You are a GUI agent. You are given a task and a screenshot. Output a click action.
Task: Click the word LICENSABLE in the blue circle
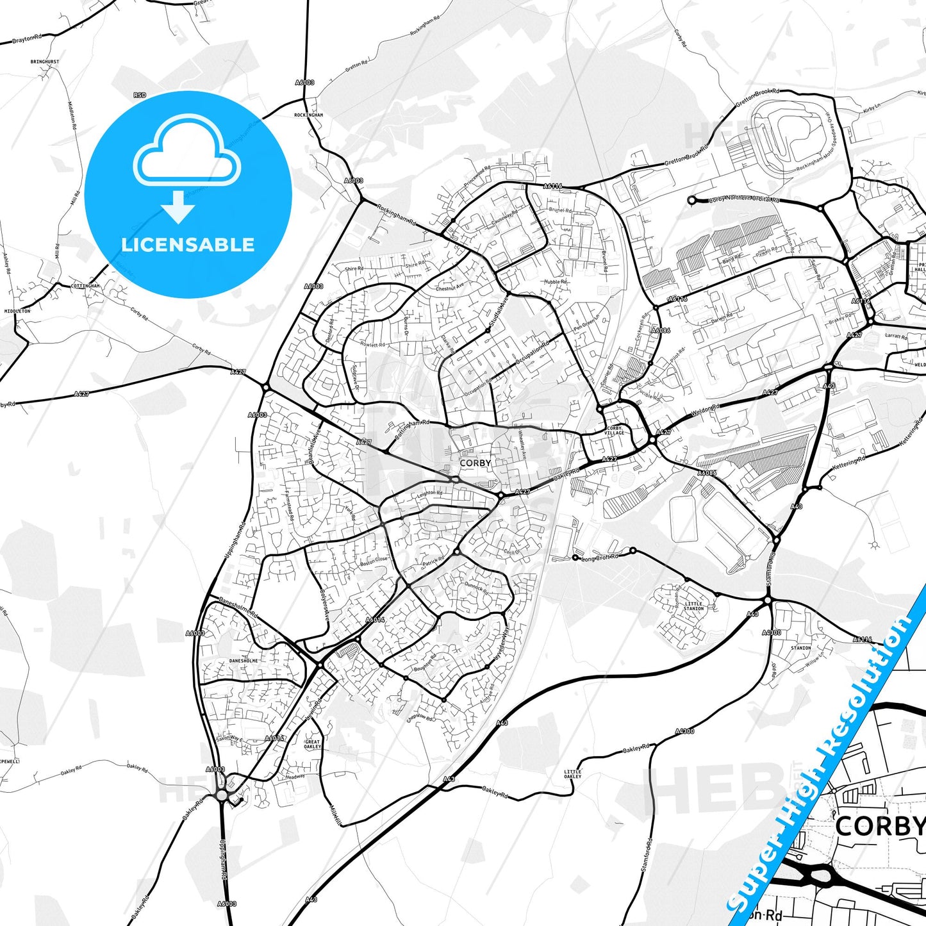tap(188, 245)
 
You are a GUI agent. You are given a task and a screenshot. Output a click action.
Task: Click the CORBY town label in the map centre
tap(475, 463)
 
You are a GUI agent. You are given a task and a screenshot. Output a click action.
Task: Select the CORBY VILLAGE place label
tap(614, 431)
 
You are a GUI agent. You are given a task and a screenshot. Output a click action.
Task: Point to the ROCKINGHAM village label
tap(308, 115)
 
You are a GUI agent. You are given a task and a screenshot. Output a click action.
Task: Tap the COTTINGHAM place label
tap(85, 286)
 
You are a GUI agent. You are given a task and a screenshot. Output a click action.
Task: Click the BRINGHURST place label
tap(44, 62)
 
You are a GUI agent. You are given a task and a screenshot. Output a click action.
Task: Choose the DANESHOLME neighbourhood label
tap(244, 661)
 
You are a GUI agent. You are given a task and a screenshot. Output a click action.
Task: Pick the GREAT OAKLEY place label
tap(312, 745)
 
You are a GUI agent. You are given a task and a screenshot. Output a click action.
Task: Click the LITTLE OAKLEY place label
tap(572, 774)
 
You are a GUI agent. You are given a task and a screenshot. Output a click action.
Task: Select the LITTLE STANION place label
tap(693, 606)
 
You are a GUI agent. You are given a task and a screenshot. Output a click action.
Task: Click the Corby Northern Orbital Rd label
tap(744, 199)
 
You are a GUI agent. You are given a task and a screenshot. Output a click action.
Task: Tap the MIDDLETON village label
tap(17, 311)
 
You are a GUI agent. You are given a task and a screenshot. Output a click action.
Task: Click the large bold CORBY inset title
tap(880, 826)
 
